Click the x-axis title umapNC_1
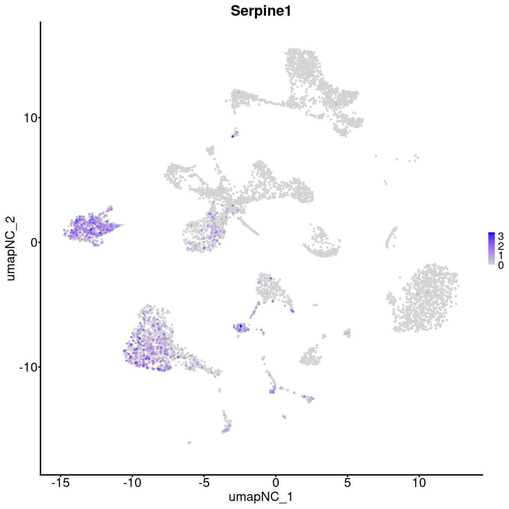click(x=260, y=497)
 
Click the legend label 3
click(x=501, y=237)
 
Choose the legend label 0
click(x=501, y=265)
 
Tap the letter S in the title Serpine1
click(x=235, y=11)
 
